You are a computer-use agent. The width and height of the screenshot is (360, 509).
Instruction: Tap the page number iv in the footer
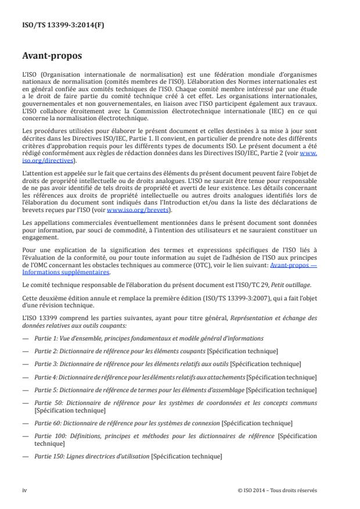tap(24, 490)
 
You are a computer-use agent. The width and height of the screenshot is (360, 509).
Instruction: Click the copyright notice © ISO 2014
tap(278, 490)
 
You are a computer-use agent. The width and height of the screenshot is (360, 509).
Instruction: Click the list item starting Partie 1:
tap(139, 338)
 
